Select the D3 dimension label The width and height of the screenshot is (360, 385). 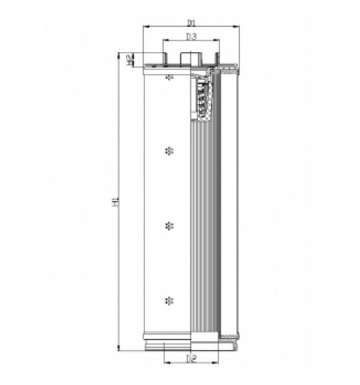click(191, 36)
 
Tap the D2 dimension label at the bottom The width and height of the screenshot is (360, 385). click(191, 359)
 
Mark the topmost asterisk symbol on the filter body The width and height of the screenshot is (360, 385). click(169, 78)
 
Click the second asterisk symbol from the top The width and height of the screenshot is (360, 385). click(168, 150)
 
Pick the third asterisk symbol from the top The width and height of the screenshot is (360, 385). click(168, 224)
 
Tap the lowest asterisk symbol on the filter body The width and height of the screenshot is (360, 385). click(168, 299)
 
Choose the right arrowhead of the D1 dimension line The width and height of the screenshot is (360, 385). click(236, 27)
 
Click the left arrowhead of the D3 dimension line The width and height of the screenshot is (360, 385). click(165, 41)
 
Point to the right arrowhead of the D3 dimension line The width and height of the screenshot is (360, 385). click(217, 41)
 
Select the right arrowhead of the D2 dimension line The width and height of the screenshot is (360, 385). click(218, 364)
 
